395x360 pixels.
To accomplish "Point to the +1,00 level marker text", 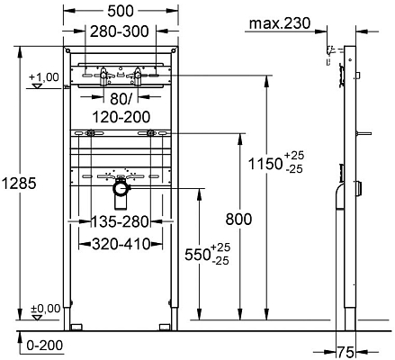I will coord(45,77).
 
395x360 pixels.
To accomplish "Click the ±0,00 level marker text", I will coord(45,309).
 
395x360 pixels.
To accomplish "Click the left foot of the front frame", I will coord(78,323).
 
